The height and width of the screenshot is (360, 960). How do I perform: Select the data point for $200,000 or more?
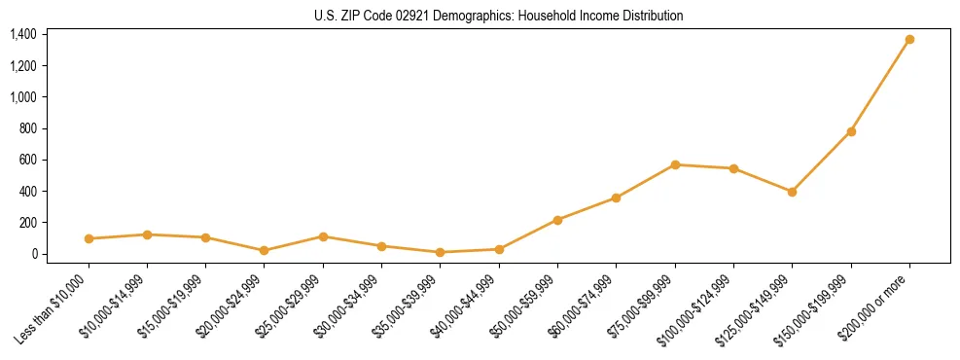(909, 40)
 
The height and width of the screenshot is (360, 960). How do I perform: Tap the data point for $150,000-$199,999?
(851, 131)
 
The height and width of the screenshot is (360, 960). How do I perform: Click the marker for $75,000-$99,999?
(675, 164)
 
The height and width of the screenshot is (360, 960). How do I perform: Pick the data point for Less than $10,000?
(89, 238)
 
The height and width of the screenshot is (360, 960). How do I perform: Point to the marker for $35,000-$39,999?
(441, 252)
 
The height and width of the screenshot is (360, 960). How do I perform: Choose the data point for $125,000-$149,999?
(792, 192)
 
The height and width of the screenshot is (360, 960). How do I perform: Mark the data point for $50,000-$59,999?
(557, 220)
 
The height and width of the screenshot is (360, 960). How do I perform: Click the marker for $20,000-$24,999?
(265, 250)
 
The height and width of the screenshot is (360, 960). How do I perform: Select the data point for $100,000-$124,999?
(733, 168)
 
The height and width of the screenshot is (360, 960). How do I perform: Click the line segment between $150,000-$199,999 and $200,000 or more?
(880, 86)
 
